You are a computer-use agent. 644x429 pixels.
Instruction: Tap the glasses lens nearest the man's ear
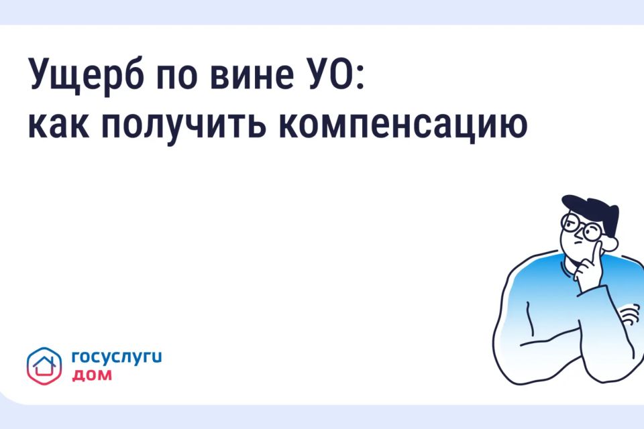pyautogui.click(x=592, y=232)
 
